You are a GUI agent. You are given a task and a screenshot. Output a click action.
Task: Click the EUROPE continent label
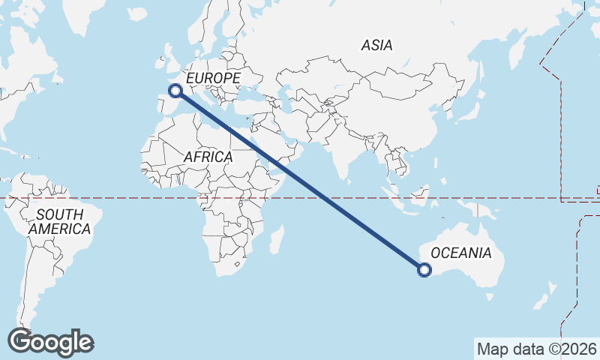pyautogui.click(x=213, y=78)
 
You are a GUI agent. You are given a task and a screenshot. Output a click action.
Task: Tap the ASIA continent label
pyautogui.click(x=376, y=45)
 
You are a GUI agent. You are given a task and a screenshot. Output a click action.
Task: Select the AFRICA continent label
pyautogui.click(x=208, y=157)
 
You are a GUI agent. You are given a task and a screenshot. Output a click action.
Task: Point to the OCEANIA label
pyautogui.click(x=461, y=253)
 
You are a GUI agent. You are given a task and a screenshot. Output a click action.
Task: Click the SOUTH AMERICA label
pyautogui.click(x=59, y=222)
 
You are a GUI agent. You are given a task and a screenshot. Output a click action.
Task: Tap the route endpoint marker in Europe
pyautogui.click(x=175, y=91)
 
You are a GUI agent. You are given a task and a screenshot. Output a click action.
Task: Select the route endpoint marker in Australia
pyautogui.click(x=424, y=270)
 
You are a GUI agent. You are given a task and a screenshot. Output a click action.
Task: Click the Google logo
pyautogui.click(x=50, y=342)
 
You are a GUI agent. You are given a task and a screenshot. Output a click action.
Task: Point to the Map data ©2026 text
pyautogui.click(x=536, y=349)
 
